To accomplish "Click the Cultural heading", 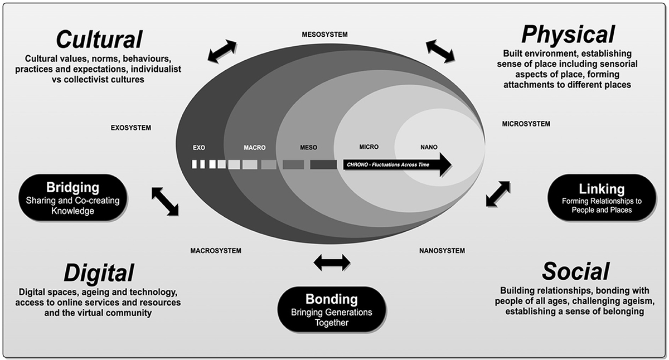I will pos(100,39).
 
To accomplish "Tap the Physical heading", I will pos(568,35).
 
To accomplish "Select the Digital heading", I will pos(99,273).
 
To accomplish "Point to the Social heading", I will pos(575,271).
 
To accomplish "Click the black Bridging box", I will pos(73,197).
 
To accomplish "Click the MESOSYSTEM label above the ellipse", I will pos(324,35).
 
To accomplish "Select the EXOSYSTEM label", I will pos(130,128).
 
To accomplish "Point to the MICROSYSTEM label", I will pos(526,124).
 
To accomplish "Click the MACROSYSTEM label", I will pos(216,251).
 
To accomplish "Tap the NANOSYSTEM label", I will pos(442,251).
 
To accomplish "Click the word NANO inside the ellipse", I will pos(429,147).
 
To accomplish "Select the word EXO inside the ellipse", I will pos(199,148).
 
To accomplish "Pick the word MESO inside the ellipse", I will pos(308,148).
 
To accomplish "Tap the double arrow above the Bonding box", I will pos(332,262).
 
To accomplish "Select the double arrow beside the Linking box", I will pos(498,193).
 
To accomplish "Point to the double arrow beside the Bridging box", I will pos(165,201).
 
